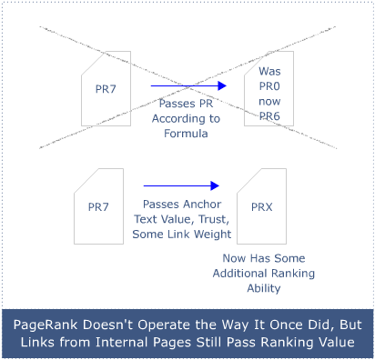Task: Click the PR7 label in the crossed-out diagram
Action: (x=107, y=88)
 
